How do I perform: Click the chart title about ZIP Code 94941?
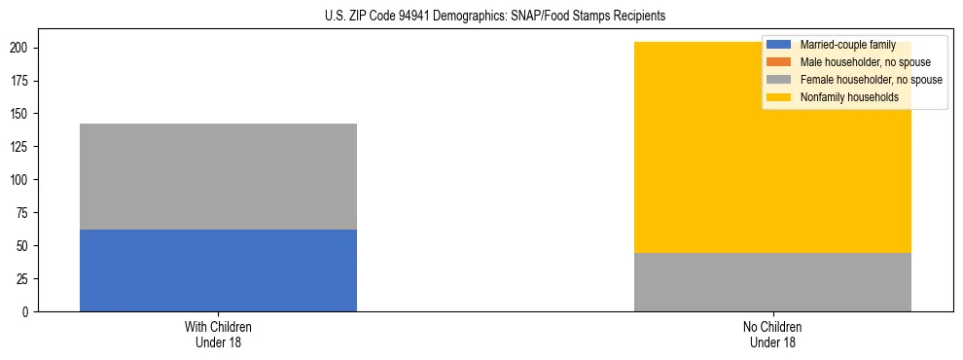[494, 17]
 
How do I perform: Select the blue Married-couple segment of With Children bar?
[218, 270]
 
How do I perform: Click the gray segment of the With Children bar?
[218, 176]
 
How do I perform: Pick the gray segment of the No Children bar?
[772, 282]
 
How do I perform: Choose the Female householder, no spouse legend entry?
[871, 80]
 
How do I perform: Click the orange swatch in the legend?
[779, 62]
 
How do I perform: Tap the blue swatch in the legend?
[779, 45]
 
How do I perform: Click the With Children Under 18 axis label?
[218, 334]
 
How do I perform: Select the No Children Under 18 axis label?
[772, 334]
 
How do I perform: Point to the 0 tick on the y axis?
[26, 312]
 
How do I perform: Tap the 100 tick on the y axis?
[20, 180]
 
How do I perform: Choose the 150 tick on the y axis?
[20, 114]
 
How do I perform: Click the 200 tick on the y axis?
[20, 48]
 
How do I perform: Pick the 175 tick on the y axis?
[20, 81]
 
